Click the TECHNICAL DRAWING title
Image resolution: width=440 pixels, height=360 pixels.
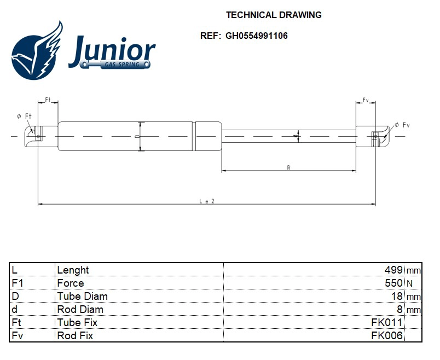click(274, 15)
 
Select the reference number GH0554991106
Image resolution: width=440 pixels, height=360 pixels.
click(256, 36)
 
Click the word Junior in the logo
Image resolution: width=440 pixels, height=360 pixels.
click(112, 51)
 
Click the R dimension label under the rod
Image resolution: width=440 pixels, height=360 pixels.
click(288, 167)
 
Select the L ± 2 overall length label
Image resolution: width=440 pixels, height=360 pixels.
click(206, 201)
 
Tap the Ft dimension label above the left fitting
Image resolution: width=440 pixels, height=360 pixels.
click(48, 100)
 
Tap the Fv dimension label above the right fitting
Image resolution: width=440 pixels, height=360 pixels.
click(366, 101)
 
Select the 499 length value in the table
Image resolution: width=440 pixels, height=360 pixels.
click(394, 270)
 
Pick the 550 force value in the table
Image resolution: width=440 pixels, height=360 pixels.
click(394, 283)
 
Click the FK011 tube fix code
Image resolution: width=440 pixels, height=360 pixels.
click(387, 322)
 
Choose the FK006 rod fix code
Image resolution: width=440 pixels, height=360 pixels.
click(387, 335)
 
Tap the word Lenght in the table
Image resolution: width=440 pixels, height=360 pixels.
click(73, 270)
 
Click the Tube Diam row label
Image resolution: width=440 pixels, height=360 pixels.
click(82, 296)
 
